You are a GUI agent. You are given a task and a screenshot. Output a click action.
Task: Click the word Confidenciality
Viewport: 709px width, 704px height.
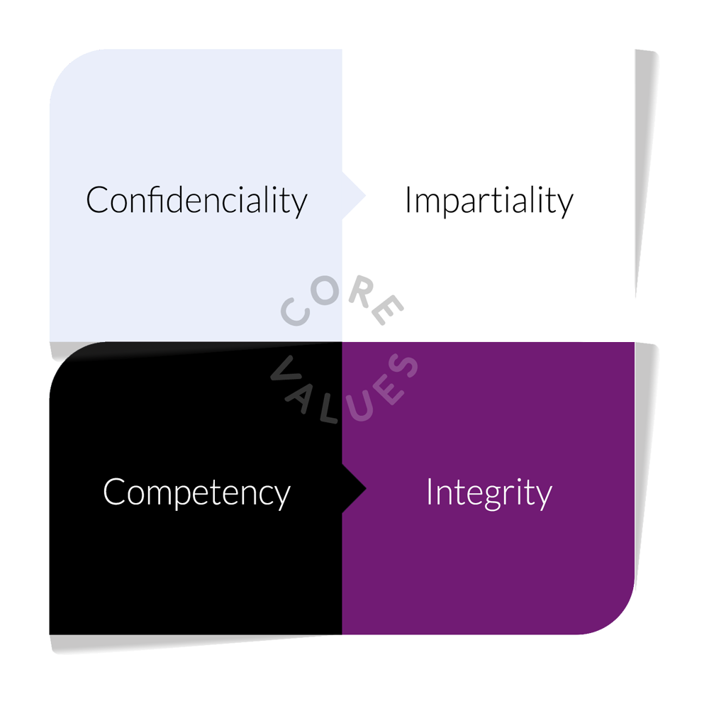(x=196, y=201)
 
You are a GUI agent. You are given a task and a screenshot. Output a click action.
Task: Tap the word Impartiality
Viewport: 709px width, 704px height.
(x=489, y=201)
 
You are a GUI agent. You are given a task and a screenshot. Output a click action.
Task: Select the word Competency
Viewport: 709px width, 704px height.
(x=196, y=493)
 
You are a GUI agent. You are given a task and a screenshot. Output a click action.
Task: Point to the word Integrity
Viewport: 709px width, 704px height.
(x=489, y=493)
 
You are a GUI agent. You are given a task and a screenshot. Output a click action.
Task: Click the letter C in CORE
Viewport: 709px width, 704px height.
(x=295, y=312)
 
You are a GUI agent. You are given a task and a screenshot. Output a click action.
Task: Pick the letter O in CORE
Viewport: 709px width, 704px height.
(x=325, y=290)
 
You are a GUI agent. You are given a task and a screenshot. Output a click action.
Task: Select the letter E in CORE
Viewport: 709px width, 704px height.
(x=387, y=309)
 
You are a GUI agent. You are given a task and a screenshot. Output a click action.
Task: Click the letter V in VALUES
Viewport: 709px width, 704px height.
(x=286, y=370)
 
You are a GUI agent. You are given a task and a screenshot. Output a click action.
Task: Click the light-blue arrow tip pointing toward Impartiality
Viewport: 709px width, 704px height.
(x=365, y=196)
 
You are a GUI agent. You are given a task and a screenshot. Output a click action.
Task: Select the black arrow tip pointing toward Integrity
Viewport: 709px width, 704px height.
(x=365, y=488)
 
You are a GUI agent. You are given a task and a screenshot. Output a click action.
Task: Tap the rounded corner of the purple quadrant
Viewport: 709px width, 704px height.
(x=618, y=617)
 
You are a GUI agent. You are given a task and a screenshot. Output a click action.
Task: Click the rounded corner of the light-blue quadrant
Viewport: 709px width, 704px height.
(x=66, y=66)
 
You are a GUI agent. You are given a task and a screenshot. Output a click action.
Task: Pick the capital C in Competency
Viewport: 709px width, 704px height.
(x=113, y=491)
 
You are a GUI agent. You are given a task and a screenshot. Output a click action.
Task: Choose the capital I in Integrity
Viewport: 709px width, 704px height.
(x=429, y=491)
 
